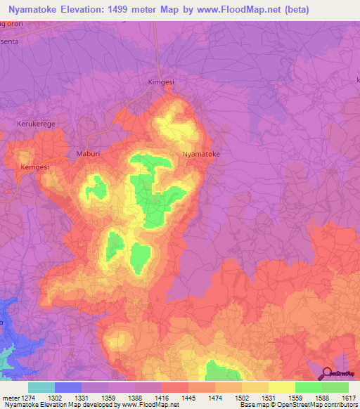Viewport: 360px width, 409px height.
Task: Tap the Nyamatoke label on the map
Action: tap(201, 153)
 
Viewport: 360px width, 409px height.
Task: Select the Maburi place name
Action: tap(89, 152)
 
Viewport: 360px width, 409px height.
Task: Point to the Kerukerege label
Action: tap(35, 124)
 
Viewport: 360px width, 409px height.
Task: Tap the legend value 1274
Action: tap(28, 397)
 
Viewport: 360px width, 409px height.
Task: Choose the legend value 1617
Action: tap(349, 397)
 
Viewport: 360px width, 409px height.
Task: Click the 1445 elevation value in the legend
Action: tap(188, 397)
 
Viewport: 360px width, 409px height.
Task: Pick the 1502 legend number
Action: tap(242, 397)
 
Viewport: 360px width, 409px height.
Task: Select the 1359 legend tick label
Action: tap(108, 397)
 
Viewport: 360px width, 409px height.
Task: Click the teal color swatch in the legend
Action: tap(41, 387)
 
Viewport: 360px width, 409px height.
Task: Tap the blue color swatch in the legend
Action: tap(68, 387)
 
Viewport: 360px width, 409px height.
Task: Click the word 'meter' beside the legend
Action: tap(11, 397)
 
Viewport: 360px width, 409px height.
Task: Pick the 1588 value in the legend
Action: tap(322, 397)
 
